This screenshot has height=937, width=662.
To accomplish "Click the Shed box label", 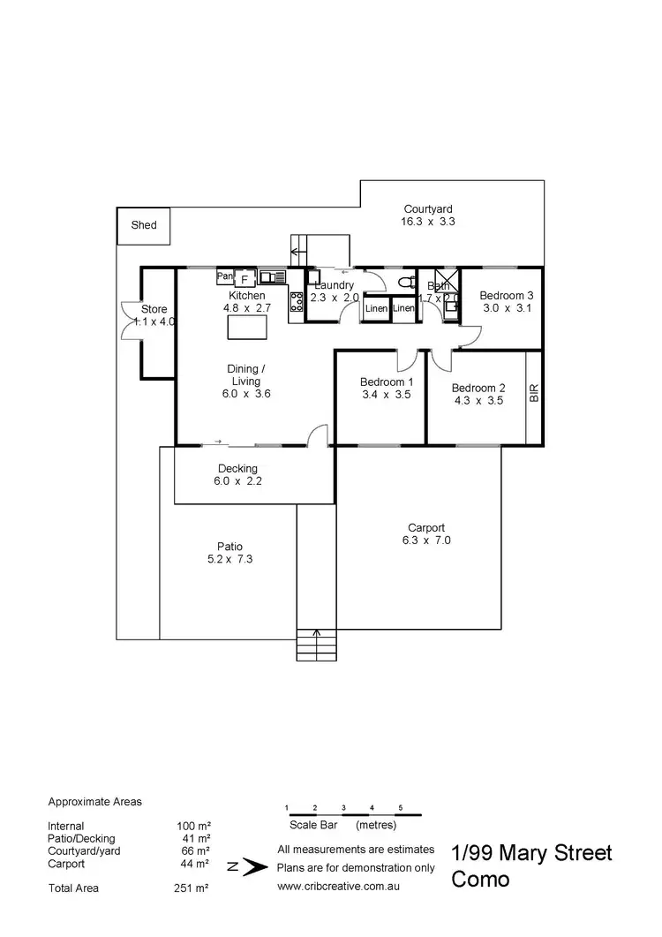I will [x=144, y=225].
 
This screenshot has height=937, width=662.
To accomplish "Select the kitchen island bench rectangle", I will [x=246, y=327].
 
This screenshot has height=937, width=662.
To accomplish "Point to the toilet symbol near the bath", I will [x=407, y=283].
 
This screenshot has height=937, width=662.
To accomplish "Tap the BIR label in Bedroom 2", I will [x=533, y=394].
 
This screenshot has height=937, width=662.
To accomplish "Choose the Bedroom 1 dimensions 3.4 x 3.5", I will [x=386, y=395].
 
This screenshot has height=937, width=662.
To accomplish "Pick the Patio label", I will [x=230, y=546].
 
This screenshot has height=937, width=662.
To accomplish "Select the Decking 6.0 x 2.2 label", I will [x=237, y=475].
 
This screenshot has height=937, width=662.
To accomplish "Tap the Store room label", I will [x=154, y=309].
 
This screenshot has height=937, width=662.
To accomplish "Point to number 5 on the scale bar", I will [x=401, y=808].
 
